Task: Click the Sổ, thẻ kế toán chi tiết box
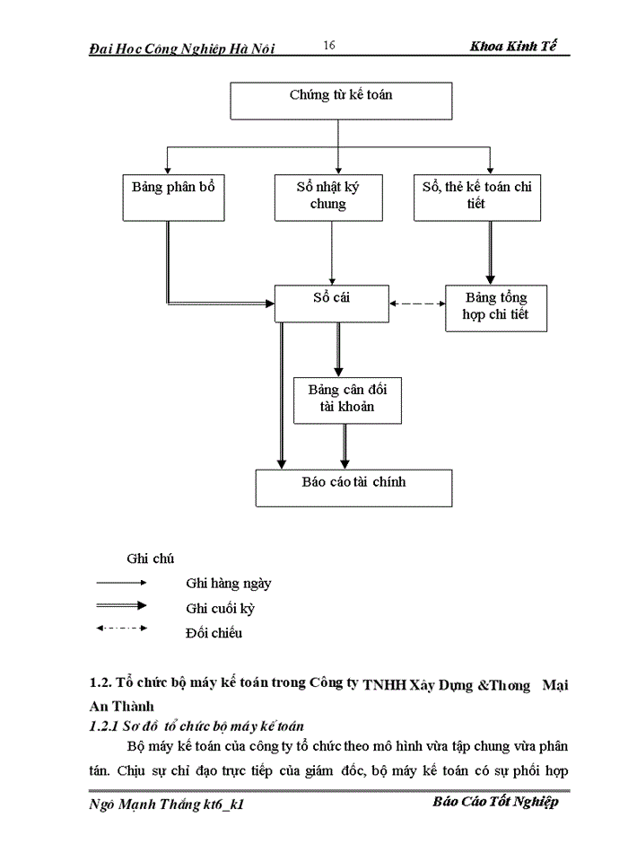point(476,196)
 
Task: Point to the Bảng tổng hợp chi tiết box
point(495,306)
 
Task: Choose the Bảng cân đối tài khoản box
point(347,400)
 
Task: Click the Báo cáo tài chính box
point(353,487)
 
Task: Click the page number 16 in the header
point(328,46)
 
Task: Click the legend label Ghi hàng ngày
point(228,583)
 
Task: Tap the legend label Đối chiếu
point(214,632)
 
